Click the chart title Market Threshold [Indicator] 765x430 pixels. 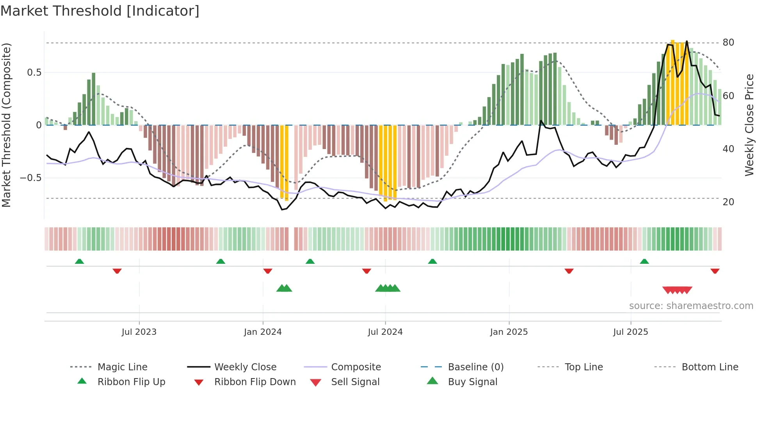pos(100,11)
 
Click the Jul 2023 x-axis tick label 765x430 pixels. pos(139,332)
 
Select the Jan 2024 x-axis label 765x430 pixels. pos(263,332)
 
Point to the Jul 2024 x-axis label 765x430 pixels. pos(385,332)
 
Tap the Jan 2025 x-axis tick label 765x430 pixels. pos(509,332)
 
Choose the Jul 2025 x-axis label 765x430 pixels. pos(631,332)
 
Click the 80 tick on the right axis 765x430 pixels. pos(728,43)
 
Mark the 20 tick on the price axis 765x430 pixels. pos(728,202)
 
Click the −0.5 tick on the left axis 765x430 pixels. pos(30,178)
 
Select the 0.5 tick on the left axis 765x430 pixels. pos(34,73)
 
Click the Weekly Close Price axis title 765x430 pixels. pos(749,125)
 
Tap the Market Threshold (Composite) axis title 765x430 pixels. pos(6,125)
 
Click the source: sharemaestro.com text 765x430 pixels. pos(691,306)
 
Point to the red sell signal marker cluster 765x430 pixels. pos(677,290)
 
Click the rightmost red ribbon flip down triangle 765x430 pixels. pos(715,271)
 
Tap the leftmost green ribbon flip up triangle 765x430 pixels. pos(79,261)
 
